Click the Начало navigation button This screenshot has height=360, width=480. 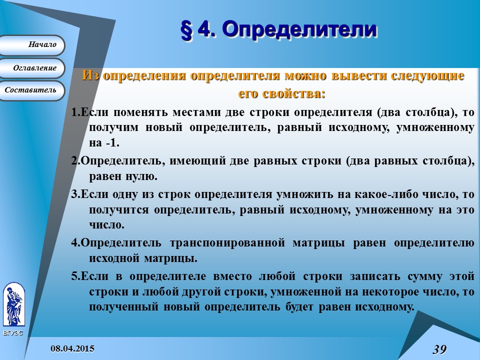coord(32,45)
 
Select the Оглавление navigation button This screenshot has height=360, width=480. coord(32,67)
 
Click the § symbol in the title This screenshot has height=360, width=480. coord(186,29)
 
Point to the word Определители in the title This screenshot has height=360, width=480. coord(298,29)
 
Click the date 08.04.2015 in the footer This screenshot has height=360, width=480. coord(72,348)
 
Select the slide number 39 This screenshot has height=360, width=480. coord(439,349)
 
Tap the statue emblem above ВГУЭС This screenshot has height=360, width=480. coord(13,304)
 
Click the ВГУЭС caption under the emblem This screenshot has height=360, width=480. coord(13,333)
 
